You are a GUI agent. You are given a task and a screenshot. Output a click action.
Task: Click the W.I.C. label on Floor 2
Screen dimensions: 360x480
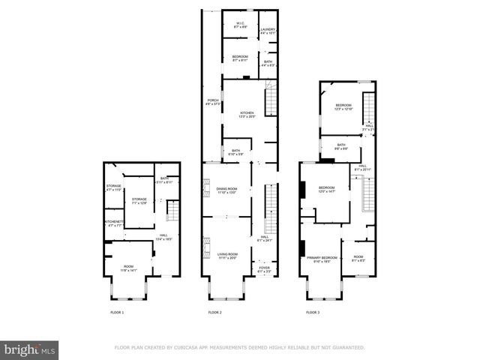point(241,25)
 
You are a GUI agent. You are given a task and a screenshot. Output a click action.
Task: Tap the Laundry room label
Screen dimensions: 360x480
point(268,31)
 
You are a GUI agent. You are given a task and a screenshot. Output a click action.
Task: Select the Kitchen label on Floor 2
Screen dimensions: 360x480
point(247,115)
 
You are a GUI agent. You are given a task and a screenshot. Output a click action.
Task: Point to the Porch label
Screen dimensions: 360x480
point(213,102)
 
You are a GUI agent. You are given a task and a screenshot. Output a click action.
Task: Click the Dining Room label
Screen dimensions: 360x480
point(226,190)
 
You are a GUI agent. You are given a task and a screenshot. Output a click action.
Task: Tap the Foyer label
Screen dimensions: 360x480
point(264,266)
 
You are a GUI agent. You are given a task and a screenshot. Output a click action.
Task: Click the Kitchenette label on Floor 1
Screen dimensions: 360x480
point(113,223)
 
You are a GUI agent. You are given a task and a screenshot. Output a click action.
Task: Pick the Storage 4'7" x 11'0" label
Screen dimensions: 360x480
point(113,187)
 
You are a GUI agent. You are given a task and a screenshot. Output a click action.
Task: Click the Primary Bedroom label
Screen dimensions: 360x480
point(322,259)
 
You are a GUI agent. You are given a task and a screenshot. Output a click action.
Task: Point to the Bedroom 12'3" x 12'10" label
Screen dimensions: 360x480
point(343,106)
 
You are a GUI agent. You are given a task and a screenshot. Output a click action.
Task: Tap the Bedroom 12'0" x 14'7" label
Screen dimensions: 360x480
point(326,189)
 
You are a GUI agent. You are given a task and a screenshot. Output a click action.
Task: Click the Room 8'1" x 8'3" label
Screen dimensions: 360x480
point(358,259)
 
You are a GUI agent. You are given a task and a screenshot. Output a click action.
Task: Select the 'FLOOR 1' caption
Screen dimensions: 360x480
point(117,311)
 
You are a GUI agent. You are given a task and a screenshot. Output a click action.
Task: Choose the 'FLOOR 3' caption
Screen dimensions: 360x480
point(312,311)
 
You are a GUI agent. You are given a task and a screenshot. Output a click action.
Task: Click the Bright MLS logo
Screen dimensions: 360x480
point(29,349)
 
